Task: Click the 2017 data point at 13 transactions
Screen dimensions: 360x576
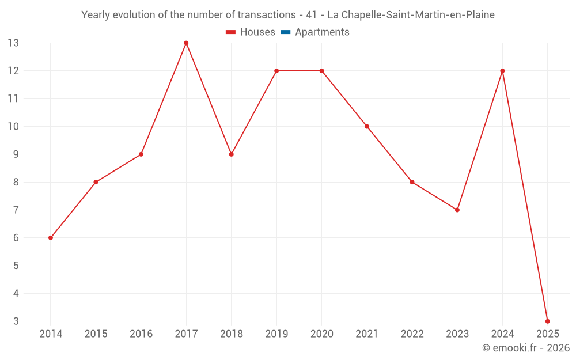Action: pos(186,43)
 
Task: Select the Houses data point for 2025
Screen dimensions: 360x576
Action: pos(547,321)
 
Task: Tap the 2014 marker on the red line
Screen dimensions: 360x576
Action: pos(51,238)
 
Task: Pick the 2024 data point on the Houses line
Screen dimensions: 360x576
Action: pos(502,71)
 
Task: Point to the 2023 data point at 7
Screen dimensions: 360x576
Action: pos(457,210)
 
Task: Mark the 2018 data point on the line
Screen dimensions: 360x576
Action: pos(231,154)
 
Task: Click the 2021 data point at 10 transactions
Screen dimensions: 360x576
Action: pos(367,126)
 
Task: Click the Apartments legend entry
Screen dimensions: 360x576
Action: pos(322,32)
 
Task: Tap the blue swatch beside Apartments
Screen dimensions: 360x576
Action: pos(285,32)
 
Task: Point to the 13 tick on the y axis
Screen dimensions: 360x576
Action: pos(13,43)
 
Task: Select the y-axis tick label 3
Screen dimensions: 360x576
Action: pos(16,321)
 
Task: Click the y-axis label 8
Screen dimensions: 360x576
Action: pos(16,182)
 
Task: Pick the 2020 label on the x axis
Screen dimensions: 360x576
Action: pos(321,334)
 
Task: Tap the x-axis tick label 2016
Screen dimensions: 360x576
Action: pos(141,334)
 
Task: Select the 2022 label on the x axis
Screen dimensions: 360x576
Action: pos(412,334)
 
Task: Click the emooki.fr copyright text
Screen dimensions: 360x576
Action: pos(525,348)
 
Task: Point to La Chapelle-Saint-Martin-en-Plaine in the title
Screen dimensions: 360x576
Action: pos(411,15)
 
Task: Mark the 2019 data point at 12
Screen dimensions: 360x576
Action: pos(276,71)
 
